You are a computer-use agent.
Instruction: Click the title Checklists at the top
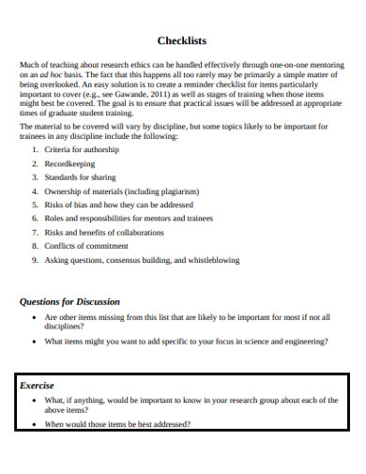(x=182, y=41)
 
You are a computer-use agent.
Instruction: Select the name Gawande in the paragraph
(x=124, y=95)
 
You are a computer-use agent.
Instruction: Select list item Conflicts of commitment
(x=85, y=246)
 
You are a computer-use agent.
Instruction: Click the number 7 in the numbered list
(x=34, y=232)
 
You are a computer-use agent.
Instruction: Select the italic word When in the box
(x=54, y=424)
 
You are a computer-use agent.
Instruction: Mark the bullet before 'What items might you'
(x=35, y=342)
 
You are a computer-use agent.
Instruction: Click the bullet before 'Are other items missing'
(x=35, y=318)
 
